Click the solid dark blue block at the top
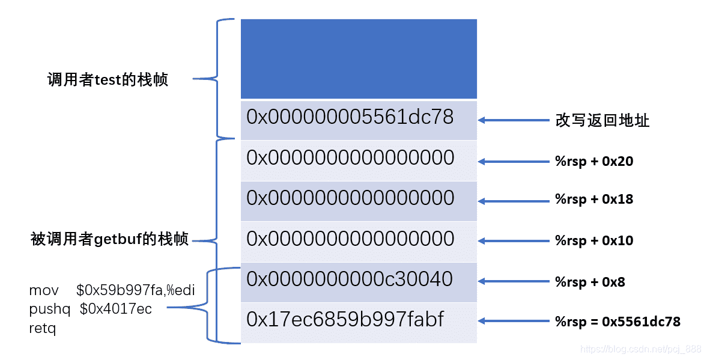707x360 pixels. [359, 58]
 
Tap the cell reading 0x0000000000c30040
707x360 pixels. [359, 281]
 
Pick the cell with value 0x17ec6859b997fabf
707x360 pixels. [359, 322]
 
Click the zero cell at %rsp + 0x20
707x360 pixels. [359, 159]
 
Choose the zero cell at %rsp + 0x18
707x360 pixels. [359, 200]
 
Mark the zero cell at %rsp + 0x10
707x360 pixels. [359, 240]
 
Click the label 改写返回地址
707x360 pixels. [602, 121]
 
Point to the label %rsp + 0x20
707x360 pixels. [594, 161]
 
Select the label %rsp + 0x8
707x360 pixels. [590, 282]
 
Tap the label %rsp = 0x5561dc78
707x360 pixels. [617, 322]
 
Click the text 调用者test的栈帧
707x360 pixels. [108, 80]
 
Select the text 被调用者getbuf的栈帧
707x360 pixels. [110, 240]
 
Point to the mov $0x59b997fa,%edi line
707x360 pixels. [112, 291]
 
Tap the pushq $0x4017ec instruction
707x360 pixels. [91, 310]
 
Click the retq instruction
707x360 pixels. [42, 329]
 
